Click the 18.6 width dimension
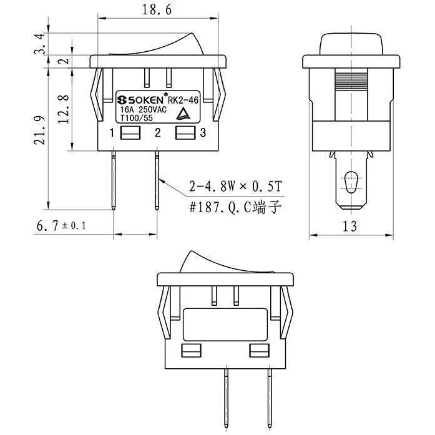coord(157,10)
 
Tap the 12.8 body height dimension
coord(64,109)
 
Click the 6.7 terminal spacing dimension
coord(61,225)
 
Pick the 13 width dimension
coord(349,227)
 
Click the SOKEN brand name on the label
coord(140,100)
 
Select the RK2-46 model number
coord(183,100)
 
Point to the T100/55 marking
coord(137,118)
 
